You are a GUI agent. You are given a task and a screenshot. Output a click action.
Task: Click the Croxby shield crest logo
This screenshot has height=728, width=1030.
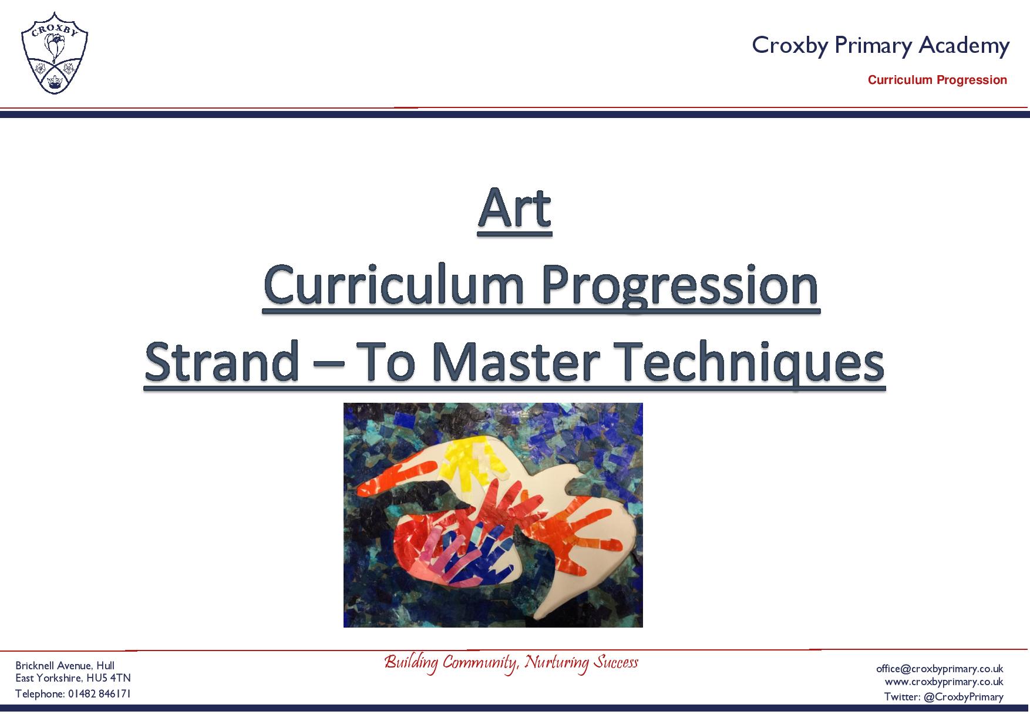tap(55, 52)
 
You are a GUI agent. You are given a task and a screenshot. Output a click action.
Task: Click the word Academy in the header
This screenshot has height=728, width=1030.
tap(964, 46)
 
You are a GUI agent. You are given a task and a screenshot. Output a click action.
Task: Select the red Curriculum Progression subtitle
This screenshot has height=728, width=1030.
tap(937, 80)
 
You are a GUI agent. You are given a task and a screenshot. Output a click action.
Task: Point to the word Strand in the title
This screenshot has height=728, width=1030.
tap(221, 361)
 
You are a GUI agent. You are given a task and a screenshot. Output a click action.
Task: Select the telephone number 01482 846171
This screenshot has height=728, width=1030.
tap(99, 694)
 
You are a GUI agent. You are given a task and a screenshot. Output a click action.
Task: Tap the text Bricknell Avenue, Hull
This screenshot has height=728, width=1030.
tap(65, 666)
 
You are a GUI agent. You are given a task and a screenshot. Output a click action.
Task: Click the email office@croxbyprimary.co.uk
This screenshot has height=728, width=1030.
tap(940, 669)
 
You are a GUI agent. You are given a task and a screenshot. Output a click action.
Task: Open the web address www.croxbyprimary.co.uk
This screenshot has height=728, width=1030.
tap(944, 682)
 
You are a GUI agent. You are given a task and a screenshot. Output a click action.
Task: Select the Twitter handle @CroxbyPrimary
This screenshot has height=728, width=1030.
tap(963, 697)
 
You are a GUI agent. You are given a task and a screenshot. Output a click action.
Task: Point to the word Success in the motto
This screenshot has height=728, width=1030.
tap(615, 662)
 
